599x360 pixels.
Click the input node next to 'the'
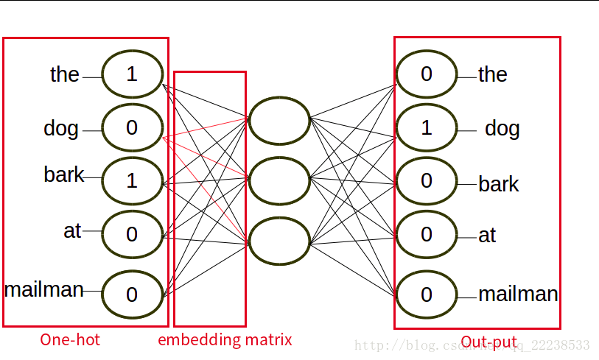(x=132, y=74)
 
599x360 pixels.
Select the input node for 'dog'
(x=132, y=127)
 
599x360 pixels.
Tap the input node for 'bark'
(x=132, y=180)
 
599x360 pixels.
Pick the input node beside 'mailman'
(x=132, y=294)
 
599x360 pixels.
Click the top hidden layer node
(x=279, y=121)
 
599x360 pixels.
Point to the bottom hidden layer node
(x=279, y=241)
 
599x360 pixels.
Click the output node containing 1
(x=427, y=127)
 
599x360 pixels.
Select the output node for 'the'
(x=427, y=74)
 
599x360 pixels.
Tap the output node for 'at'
(x=427, y=234)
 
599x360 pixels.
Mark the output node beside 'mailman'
(x=427, y=294)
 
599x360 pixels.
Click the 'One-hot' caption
(x=70, y=339)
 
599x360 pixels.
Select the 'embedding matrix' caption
(x=225, y=339)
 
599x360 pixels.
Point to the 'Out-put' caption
(x=488, y=342)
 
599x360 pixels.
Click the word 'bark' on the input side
(x=63, y=175)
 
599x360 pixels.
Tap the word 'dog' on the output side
(x=502, y=129)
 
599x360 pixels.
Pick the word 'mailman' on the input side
(x=44, y=289)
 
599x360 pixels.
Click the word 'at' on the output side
(x=487, y=236)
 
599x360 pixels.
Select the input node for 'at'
(x=132, y=234)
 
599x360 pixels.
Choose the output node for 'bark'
(x=427, y=180)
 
